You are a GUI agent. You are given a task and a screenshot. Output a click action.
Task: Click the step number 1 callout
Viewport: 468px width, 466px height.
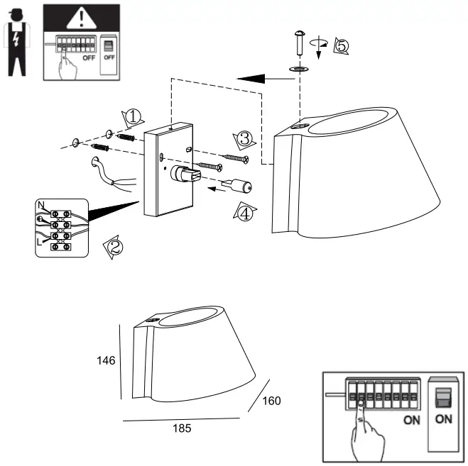click(133, 116)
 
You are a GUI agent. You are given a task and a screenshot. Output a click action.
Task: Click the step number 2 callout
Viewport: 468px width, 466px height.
click(114, 248)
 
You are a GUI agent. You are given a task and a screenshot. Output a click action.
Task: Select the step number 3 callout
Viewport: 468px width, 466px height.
click(243, 138)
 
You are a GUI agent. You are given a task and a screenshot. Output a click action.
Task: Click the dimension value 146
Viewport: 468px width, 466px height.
click(106, 360)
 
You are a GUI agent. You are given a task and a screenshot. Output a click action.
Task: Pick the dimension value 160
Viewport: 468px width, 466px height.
click(271, 401)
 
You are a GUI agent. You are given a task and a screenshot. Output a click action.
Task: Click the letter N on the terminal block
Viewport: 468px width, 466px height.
click(42, 206)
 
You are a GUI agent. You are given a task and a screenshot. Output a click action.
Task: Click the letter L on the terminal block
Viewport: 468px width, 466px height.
click(41, 242)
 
